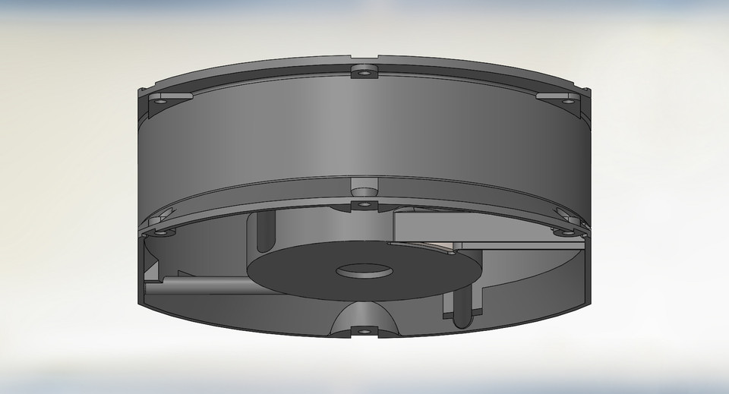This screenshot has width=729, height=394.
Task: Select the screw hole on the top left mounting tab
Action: click(161, 99)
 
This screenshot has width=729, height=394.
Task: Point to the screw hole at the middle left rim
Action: click(161, 232)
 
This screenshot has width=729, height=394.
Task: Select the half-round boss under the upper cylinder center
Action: click(364, 185)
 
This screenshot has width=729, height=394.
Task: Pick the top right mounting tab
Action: click(556, 97)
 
